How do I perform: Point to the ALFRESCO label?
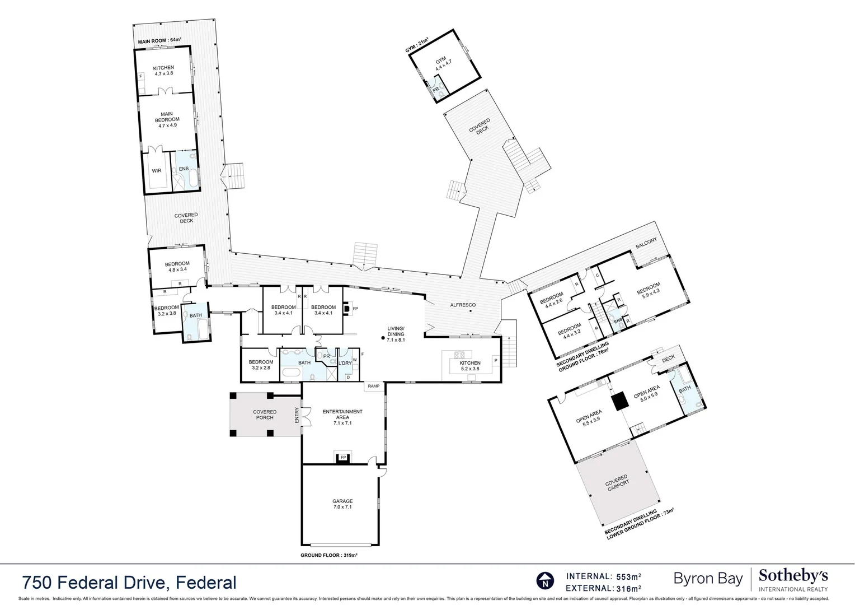pyautogui.click(x=463, y=305)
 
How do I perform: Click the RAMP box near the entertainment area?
pyautogui.click(x=373, y=386)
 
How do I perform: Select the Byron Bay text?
pyautogui.click(x=708, y=578)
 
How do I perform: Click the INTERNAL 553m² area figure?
pyautogui.click(x=604, y=576)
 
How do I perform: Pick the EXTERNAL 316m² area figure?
pyautogui.click(x=604, y=588)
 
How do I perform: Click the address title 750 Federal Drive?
pyautogui.click(x=129, y=583)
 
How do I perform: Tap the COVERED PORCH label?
pyautogui.click(x=265, y=415)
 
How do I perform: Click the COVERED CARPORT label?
pyautogui.click(x=618, y=483)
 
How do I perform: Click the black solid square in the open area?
pyautogui.click(x=619, y=402)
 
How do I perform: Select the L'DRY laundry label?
pyautogui.click(x=345, y=364)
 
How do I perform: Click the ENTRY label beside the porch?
pyautogui.click(x=297, y=415)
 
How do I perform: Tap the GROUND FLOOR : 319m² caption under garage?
pyautogui.click(x=328, y=555)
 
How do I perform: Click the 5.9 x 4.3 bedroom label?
pyautogui.click(x=648, y=287)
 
